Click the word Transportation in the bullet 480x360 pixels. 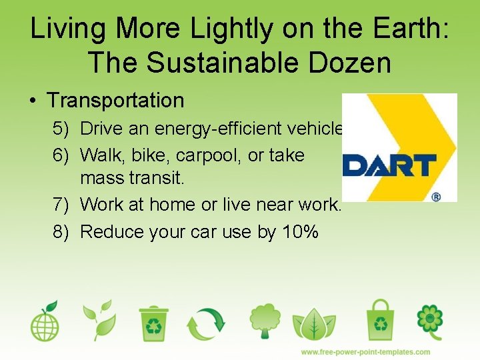[115, 101]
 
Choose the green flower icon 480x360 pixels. [429, 321]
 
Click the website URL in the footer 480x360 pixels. [365, 351]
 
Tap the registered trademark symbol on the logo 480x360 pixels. [437, 197]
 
